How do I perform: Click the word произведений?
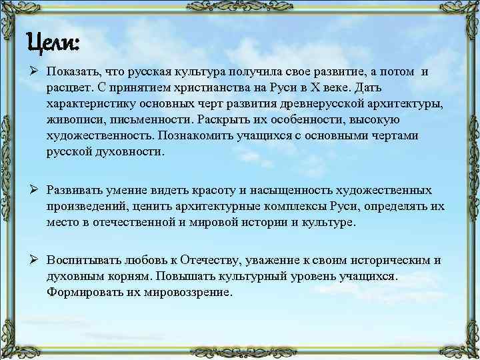click(x=88, y=206)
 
